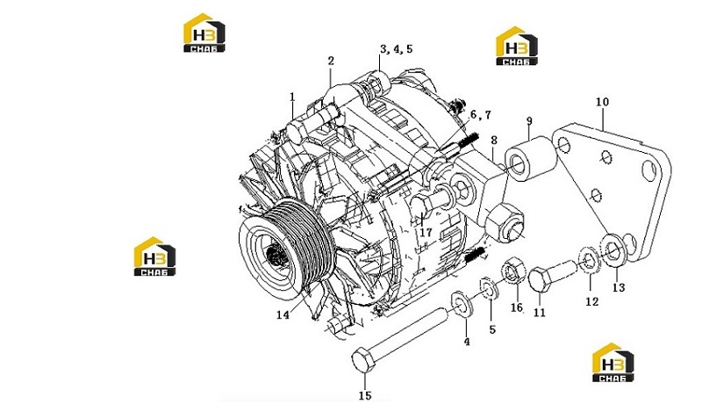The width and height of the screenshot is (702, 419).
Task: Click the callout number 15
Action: click(365, 395)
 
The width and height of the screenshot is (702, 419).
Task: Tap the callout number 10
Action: click(602, 102)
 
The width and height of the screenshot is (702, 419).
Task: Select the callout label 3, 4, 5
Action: click(397, 49)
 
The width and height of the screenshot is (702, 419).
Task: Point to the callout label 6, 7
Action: click(480, 115)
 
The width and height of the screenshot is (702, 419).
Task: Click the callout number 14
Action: click(283, 315)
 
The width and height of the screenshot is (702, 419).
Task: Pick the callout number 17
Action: click(426, 232)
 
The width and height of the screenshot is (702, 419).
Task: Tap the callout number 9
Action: click(529, 121)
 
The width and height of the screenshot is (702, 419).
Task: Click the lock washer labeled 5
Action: click(490, 289)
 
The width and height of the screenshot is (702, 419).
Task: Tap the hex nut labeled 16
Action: click(512, 271)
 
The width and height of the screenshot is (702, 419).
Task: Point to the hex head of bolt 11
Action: click(539, 280)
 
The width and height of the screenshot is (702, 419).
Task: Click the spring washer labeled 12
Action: click(588, 260)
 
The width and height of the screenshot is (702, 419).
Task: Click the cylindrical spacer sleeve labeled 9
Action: click(531, 160)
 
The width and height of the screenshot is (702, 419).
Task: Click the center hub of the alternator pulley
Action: click(273, 256)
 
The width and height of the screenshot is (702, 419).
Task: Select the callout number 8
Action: click(494, 141)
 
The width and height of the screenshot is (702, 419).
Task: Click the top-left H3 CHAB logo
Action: click(204, 33)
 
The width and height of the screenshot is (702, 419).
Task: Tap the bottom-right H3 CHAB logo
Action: click(612, 363)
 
